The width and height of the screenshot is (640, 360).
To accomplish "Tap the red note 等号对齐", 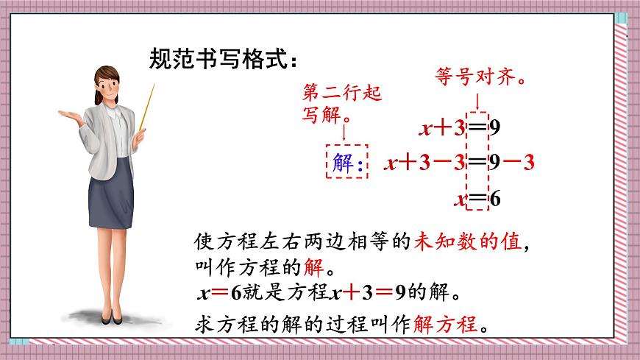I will tap(479, 77).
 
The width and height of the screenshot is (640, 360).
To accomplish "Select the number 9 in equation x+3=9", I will tap(494, 130).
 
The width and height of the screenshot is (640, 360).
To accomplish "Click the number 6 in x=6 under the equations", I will tap(494, 198).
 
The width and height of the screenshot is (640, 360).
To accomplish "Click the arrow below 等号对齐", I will tap(478, 99).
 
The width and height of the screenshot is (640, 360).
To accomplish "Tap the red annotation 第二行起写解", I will tap(341, 104).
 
